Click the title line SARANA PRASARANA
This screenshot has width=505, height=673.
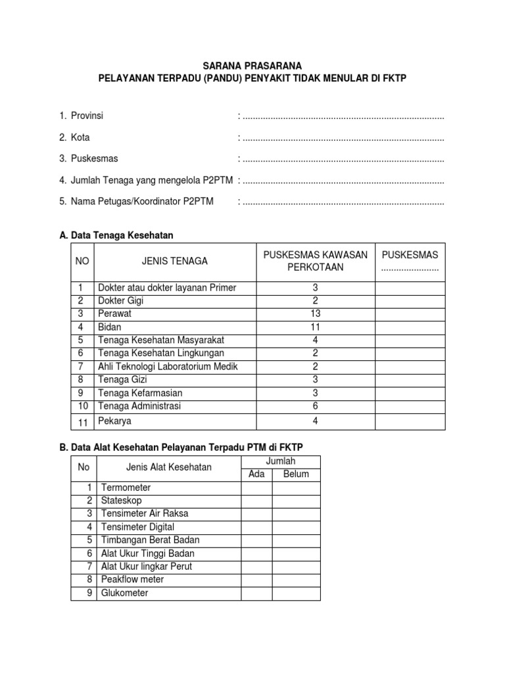coord(252,66)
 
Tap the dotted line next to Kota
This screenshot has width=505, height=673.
coord(343,139)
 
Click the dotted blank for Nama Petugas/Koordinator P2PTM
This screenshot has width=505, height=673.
coord(343,202)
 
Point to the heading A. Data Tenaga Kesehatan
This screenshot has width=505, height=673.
coord(116,235)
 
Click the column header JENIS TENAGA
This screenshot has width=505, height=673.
coord(174,261)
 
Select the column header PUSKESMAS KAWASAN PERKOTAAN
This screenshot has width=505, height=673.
coord(315,261)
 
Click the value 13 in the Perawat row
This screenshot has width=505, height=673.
coord(315,314)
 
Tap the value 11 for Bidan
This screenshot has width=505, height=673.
coord(315,327)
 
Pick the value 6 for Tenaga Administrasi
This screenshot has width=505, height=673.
coord(315,406)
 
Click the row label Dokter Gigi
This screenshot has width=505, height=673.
coord(120,301)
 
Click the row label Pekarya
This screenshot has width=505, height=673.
coord(114,421)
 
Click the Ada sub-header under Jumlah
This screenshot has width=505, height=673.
coord(256,474)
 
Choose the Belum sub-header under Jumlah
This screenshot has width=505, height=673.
coord(296,474)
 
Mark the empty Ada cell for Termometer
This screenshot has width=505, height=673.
coord(256,488)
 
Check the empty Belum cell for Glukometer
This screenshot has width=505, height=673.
coord(296,593)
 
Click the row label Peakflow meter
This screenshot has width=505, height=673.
coord(132,580)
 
